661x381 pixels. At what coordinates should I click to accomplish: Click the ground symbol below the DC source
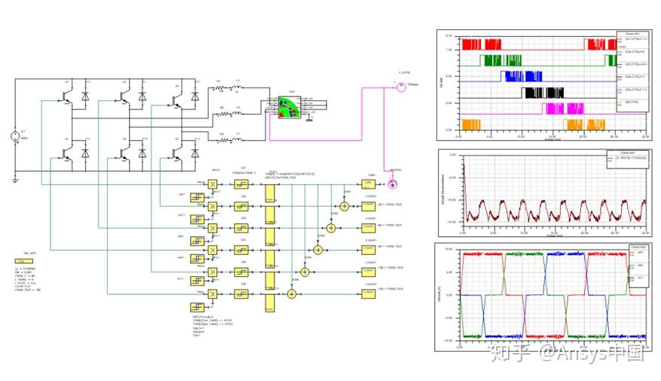[15, 180]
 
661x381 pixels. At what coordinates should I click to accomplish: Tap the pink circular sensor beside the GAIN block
[390, 184]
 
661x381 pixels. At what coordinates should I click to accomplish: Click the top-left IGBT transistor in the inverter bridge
[66, 97]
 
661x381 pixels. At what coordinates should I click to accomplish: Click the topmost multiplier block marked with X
[213, 184]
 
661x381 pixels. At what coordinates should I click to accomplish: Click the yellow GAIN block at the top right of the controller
[369, 183]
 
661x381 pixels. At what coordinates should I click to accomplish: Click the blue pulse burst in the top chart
[519, 75]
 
